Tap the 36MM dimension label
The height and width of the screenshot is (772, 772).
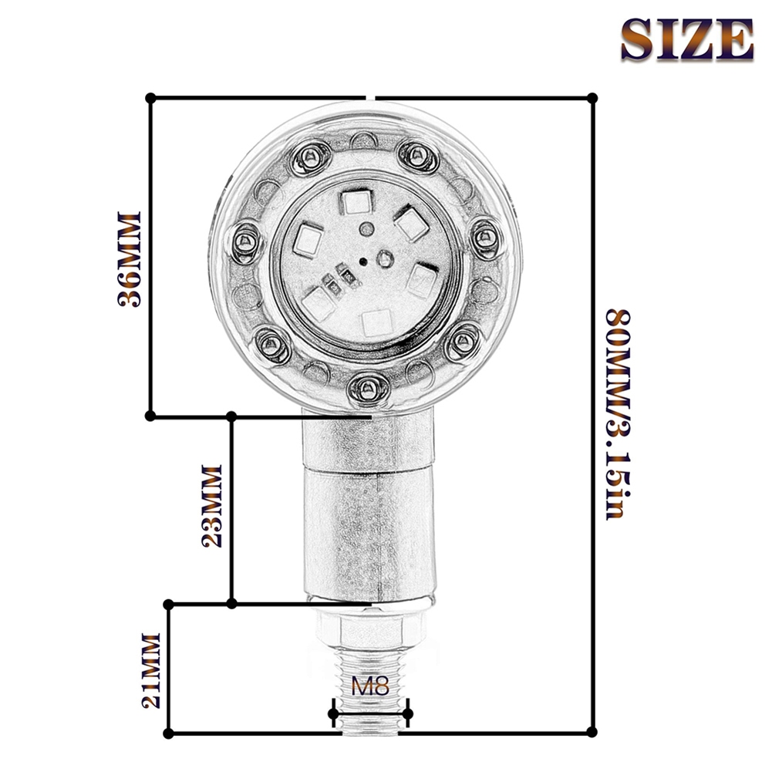pos(130,259)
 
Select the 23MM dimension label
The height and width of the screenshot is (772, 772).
pos(211,506)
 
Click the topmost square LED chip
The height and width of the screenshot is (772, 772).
pos(356,203)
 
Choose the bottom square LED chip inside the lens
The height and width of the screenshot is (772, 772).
pos(377,322)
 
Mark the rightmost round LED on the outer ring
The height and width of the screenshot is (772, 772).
pos(485,236)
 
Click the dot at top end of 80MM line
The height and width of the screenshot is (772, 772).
pos(592,98)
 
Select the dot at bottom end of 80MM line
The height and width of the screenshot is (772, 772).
pos(592,731)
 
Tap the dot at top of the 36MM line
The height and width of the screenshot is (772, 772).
pos(151,98)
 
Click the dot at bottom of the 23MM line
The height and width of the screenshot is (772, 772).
pos(231,603)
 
